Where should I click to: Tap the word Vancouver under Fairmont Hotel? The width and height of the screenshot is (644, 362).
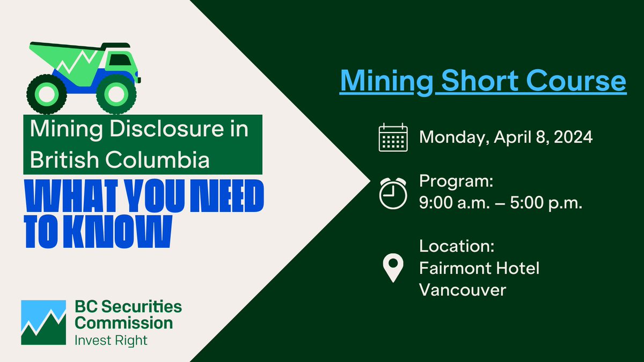coord(463,290)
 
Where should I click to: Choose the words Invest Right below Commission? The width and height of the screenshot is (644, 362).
coord(111,339)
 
